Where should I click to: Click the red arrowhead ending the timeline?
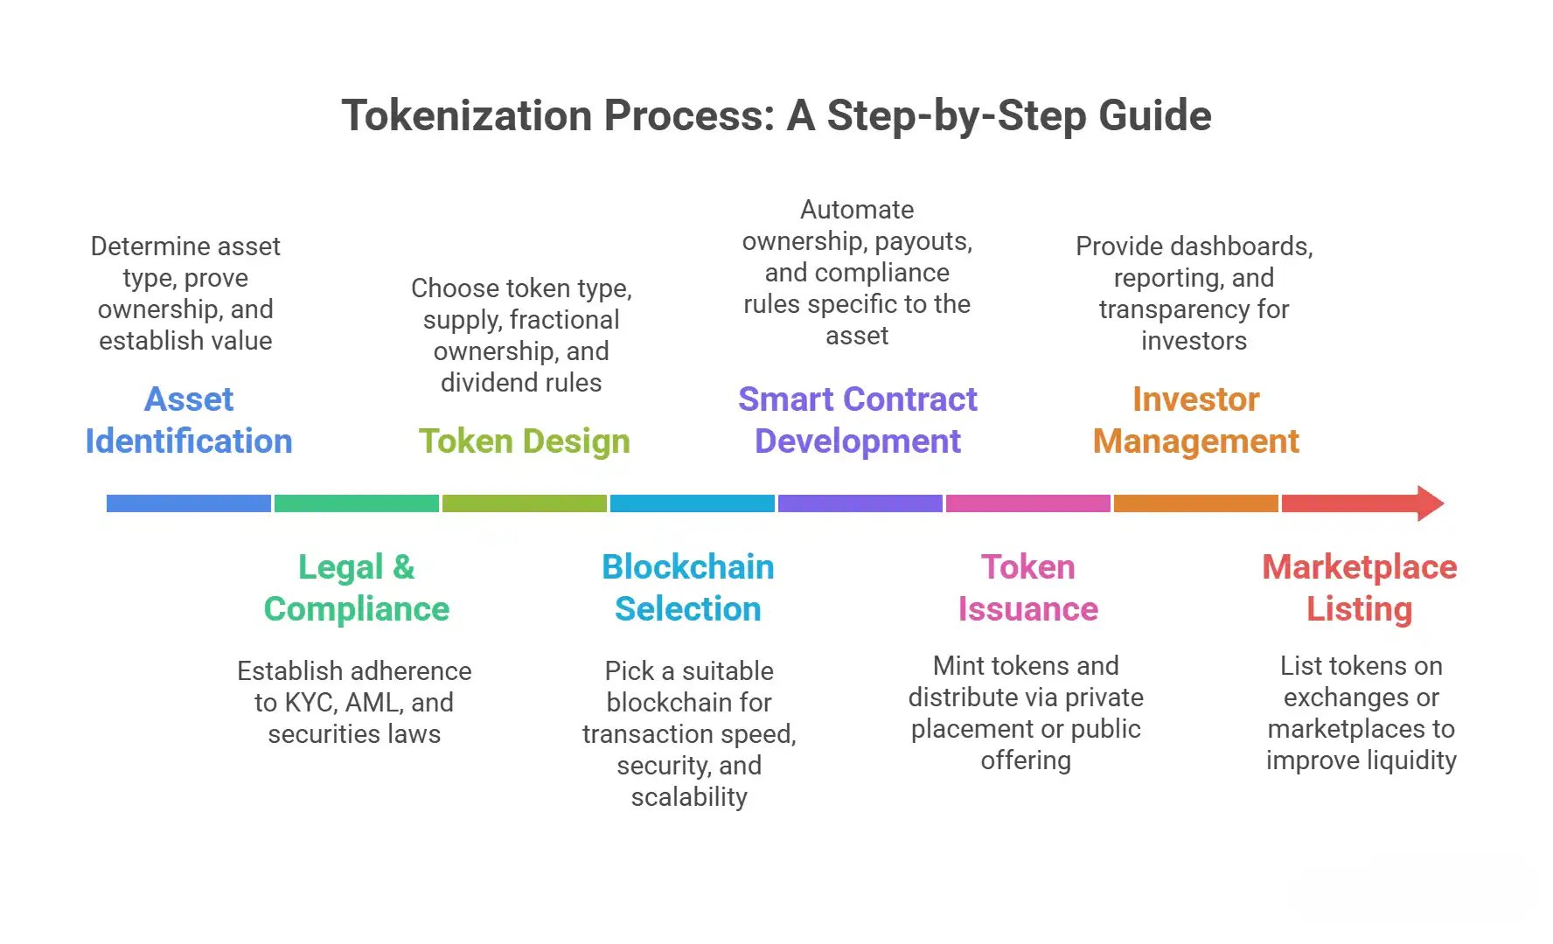point(1429,503)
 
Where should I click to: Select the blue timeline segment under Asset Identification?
point(189,503)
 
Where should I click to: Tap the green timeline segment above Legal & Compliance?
point(357,503)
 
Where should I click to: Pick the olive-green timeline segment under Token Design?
point(525,503)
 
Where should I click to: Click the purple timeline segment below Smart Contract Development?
point(860,503)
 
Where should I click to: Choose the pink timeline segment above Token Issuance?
point(1027,503)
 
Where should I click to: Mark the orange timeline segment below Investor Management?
point(1195,503)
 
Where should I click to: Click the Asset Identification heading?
point(189,420)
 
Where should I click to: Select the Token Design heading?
point(524,441)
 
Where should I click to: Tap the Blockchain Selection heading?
point(688,587)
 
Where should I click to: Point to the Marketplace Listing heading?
point(1360,587)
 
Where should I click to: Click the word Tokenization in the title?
point(463,116)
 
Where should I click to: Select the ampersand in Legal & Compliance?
point(403,567)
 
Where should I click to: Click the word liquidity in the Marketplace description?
point(1409,760)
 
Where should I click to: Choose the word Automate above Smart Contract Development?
point(857,210)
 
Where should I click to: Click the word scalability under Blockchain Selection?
point(689,797)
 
